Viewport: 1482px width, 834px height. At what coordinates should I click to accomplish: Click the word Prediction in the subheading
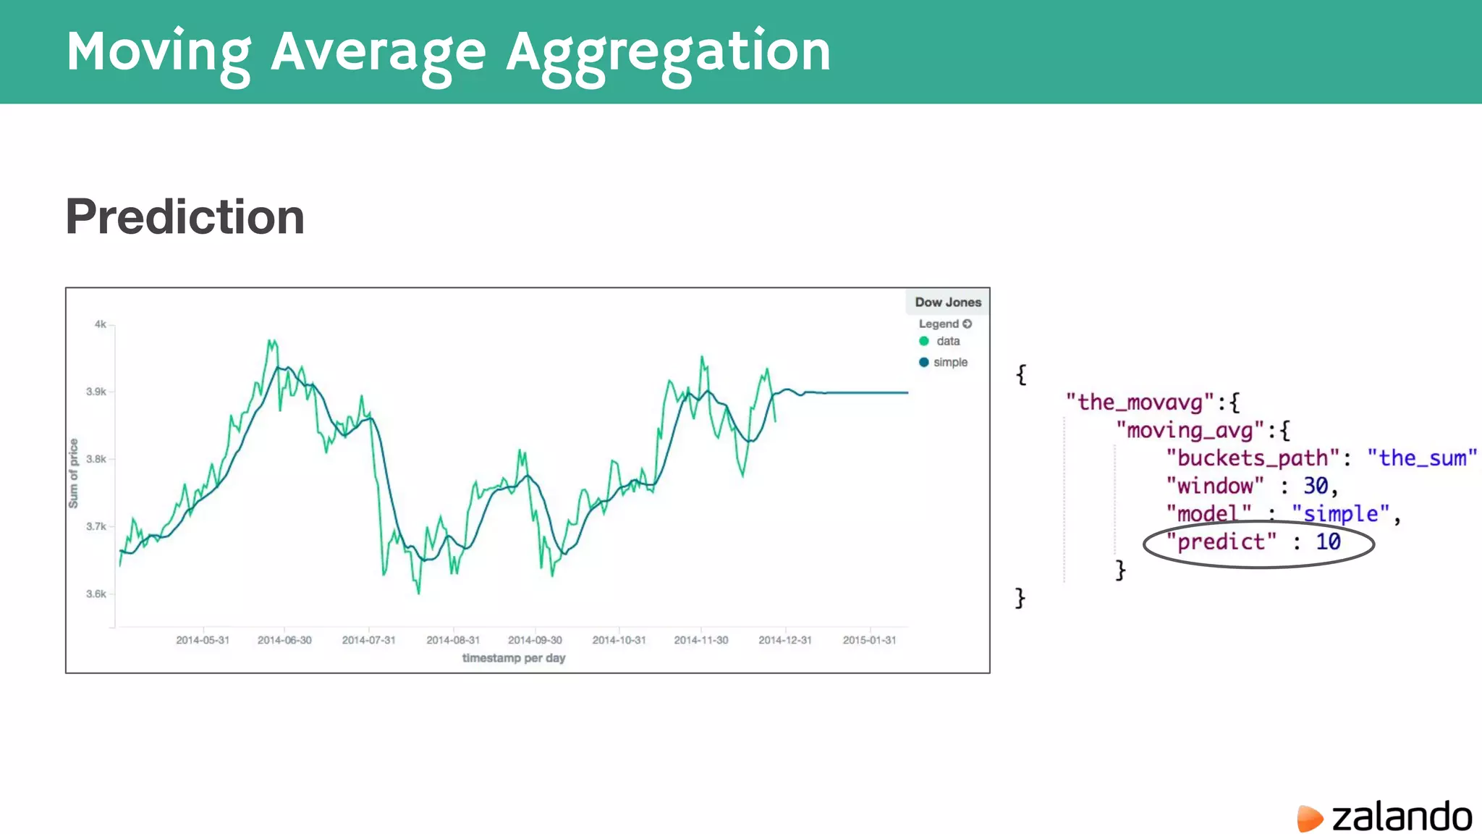[185, 216]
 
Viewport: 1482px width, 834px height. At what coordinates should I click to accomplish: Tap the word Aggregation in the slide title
[668, 52]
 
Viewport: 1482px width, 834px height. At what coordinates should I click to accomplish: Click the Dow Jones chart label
[947, 302]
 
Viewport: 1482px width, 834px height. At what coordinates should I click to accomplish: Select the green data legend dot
[924, 341]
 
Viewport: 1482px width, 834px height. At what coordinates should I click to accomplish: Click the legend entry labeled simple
[949, 362]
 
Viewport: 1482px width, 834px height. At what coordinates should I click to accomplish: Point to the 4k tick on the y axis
[101, 324]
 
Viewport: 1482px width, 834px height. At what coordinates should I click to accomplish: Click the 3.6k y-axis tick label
[96, 594]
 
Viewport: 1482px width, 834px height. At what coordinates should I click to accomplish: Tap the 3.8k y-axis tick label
[96, 459]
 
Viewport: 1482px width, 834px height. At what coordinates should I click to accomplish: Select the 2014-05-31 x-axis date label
[203, 640]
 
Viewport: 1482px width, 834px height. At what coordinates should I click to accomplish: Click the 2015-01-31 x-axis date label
[869, 640]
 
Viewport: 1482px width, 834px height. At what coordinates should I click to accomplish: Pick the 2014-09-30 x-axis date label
[535, 640]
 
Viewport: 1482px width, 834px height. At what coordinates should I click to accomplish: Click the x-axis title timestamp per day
[514, 658]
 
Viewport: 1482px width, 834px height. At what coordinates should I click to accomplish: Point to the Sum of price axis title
[73, 473]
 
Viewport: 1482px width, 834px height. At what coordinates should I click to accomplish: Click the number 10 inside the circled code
[1328, 542]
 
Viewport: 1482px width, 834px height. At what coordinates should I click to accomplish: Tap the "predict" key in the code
[1221, 542]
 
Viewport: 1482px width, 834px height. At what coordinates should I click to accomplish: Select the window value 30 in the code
[1316, 486]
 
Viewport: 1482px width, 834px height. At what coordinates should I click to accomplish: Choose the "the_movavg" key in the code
[1139, 403]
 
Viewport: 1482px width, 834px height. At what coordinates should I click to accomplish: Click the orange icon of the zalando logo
[1309, 818]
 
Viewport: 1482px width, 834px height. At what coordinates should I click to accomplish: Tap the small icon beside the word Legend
[967, 324]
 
